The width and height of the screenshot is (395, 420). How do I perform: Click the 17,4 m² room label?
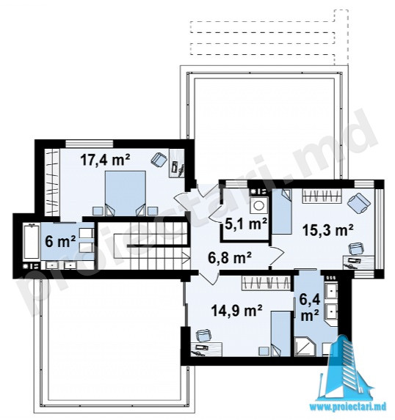105,160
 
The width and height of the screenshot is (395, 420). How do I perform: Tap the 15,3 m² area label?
327,230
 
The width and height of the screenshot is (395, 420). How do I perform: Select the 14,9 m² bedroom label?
236,311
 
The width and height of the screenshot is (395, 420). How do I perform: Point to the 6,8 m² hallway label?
230,258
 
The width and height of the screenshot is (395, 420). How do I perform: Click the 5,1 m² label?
246,224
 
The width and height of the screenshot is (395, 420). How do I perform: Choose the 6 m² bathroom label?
60,242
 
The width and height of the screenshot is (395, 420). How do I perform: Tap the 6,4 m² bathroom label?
310,308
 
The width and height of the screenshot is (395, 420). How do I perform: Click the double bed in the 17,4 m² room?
126,194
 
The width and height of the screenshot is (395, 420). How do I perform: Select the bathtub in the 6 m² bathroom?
32,242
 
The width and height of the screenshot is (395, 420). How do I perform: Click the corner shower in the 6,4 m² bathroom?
305,347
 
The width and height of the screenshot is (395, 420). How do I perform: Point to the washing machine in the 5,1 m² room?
259,205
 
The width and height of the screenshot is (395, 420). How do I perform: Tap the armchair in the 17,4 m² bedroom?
159,161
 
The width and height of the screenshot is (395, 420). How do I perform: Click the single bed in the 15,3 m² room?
282,212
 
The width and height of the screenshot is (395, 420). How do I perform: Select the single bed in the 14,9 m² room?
280,334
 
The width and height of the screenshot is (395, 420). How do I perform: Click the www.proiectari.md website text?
348,407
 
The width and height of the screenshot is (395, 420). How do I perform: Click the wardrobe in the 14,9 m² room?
266,283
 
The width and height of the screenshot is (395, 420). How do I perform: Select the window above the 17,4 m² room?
90,144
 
